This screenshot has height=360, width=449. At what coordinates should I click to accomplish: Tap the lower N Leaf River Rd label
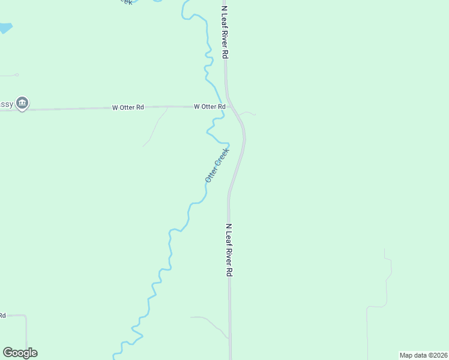[x=229, y=250]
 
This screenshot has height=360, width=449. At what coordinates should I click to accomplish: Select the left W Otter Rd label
[x=128, y=107]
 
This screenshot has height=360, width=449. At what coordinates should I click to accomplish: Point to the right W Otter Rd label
[x=209, y=106]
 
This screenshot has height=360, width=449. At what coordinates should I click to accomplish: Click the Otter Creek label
[x=217, y=165]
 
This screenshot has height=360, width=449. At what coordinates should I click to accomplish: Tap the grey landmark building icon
[x=22, y=103]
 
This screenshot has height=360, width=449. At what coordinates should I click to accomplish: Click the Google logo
[x=20, y=353]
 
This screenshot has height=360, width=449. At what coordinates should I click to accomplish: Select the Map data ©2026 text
[x=423, y=355]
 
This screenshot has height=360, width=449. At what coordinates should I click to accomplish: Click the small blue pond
[x=5, y=28]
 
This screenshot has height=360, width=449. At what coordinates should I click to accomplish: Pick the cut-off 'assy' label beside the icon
[x=6, y=104]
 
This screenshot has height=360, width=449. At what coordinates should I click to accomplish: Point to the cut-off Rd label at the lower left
[x=2, y=315]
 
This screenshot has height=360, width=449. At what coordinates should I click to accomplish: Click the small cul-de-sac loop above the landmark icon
[x=16, y=75]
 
